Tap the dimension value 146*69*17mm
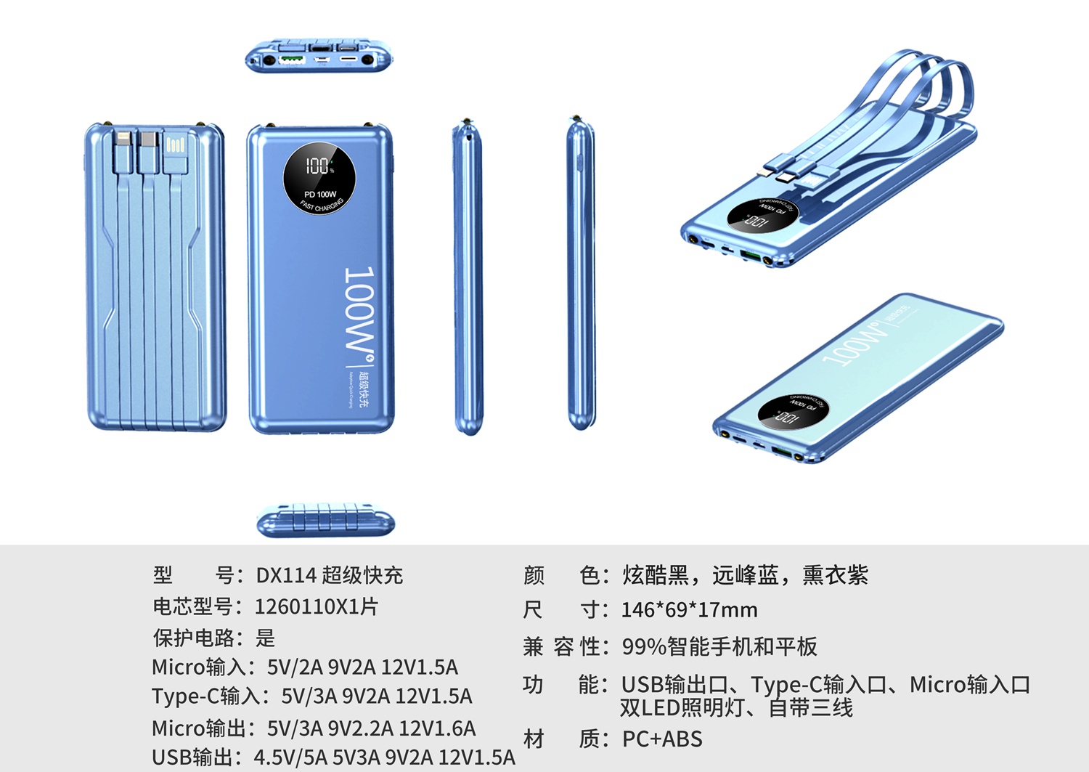pyautogui.click(x=689, y=609)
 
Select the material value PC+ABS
pyautogui.click(x=662, y=739)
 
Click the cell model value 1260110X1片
pyautogui.click(x=317, y=606)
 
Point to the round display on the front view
pyautogui.click(x=319, y=179)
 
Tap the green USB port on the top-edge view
pyautogui.click(x=292, y=59)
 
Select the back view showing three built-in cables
pyautogui.click(x=155, y=276)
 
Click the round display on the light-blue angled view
pyautogui.click(x=793, y=412)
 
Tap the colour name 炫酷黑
pyautogui.click(x=656, y=575)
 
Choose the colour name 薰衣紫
pyautogui.click(x=835, y=575)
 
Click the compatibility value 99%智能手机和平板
pyautogui.click(x=719, y=646)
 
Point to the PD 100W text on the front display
pyautogui.click(x=320, y=195)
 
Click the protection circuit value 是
pyautogui.click(x=266, y=638)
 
